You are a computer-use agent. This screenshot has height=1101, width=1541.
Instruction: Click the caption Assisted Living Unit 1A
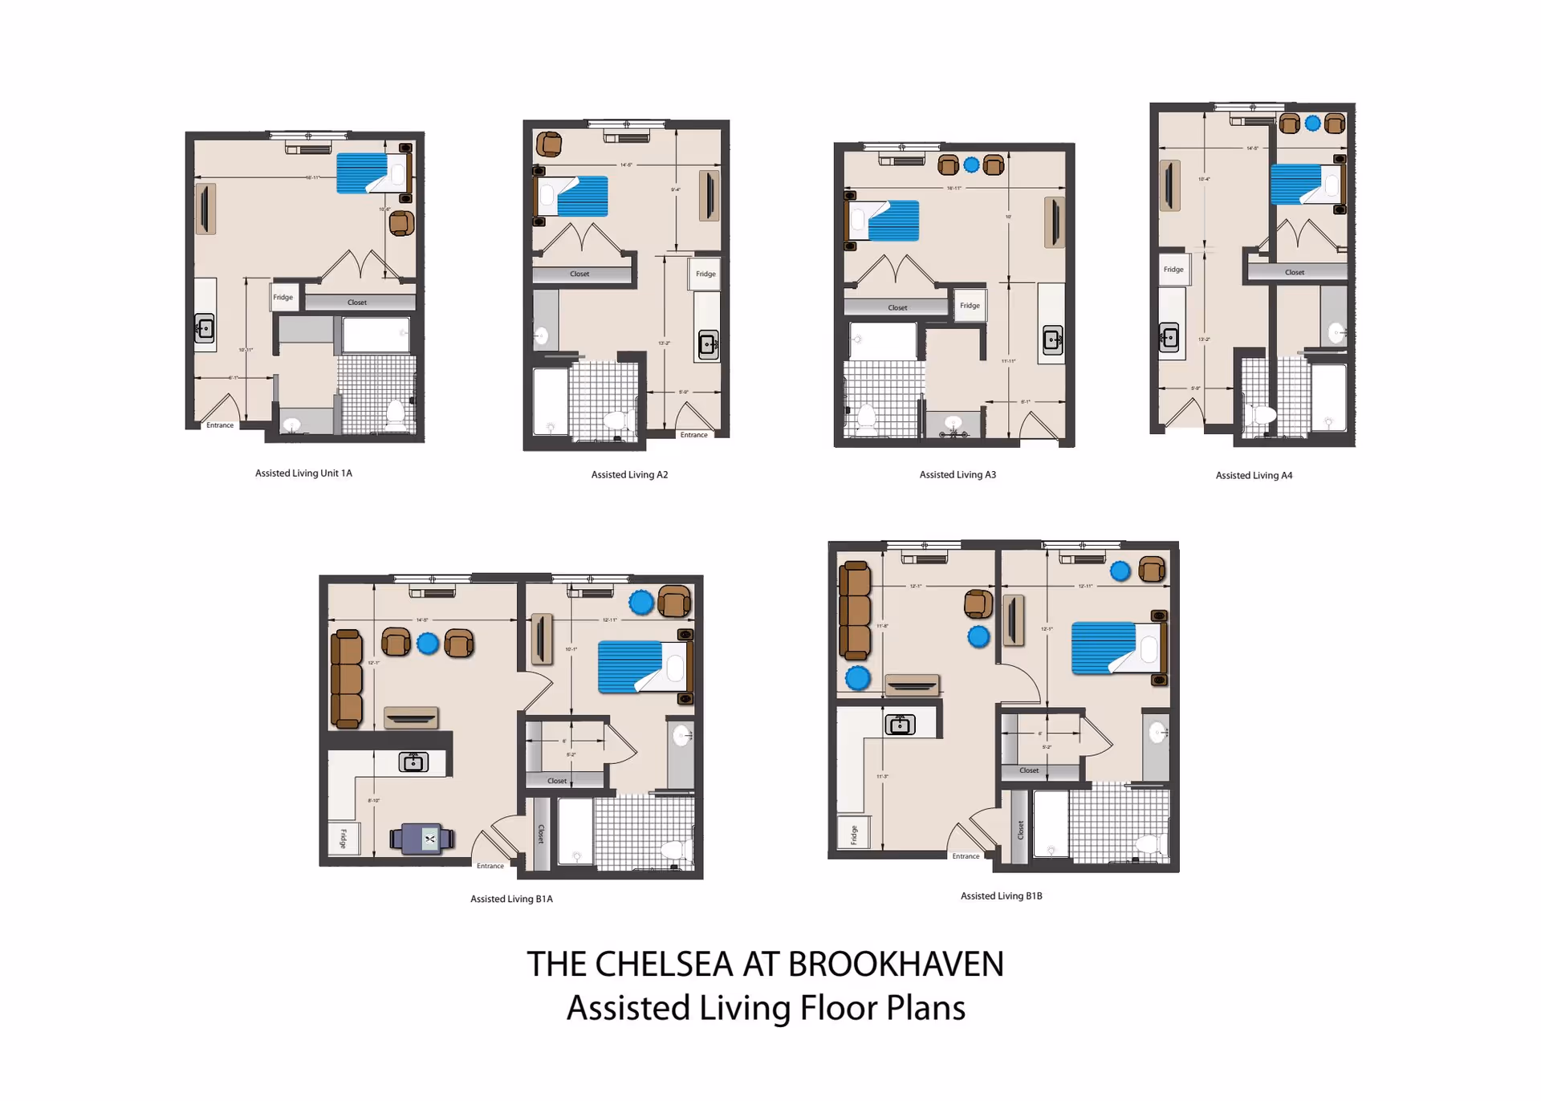pyautogui.click(x=303, y=473)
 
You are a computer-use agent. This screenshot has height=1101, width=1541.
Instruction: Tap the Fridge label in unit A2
pyautogui.click(x=705, y=274)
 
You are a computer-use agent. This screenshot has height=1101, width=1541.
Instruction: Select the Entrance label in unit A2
pyautogui.click(x=693, y=435)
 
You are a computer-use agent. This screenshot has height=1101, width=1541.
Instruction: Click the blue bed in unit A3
pyautogui.click(x=892, y=221)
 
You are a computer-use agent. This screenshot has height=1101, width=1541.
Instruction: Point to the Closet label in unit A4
pyautogui.click(x=1294, y=273)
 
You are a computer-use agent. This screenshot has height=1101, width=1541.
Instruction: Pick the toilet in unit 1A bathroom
pyautogui.click(x=395, y=414)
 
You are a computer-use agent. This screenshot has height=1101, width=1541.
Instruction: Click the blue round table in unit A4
pyautogui.click(x=1312, y=124)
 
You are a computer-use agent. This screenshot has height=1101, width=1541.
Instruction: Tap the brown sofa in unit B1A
pyautogui.click(x=347, y=679)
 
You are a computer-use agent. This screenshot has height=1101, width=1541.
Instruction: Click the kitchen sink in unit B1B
pyautogui.click(x=900, y=725)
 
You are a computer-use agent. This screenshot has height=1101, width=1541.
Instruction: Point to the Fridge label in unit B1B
pyautogui.click(x=853, y=835)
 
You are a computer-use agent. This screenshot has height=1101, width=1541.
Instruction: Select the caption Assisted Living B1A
pyautogui.click(x=511, y=899)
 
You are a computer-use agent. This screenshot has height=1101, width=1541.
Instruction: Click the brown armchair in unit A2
pyautogui.click(x=548, y=144)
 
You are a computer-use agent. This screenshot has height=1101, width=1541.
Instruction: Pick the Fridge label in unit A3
pyautogui.click(x=970, y=306)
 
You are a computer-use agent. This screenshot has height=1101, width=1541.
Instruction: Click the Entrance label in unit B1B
pyautogui.click(x=966, y=856)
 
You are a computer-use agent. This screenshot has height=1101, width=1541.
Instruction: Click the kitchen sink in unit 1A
pyautogui.click(x=205, y=328)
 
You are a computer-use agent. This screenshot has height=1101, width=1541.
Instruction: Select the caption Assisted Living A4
pyautogui.click(x=1254, y=476)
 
